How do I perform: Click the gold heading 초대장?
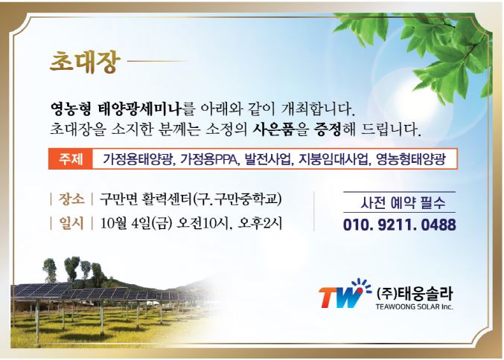pos(85,62)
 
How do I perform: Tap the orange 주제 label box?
pos(71,159)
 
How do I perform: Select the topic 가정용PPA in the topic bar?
pos(210,159)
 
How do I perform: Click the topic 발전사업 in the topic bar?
pos(269,159)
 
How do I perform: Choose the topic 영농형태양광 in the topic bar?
pos(410,159)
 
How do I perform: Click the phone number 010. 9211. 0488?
pos(400,225)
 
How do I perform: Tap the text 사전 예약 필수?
pos(403,202)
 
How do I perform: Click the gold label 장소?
pos(71,199)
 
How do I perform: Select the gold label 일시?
pos(71,223)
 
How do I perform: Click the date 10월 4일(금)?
pos(135,223)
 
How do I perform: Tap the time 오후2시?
pos(260,223)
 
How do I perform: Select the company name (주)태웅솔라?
pos(415,293)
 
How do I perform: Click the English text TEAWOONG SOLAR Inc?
pos(415,306)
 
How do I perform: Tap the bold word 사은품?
pos(273,129)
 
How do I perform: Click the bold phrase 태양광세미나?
pos(139,109)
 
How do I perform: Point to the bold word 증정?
pos(328,129)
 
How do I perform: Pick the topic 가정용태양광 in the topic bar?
pos(138,159)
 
